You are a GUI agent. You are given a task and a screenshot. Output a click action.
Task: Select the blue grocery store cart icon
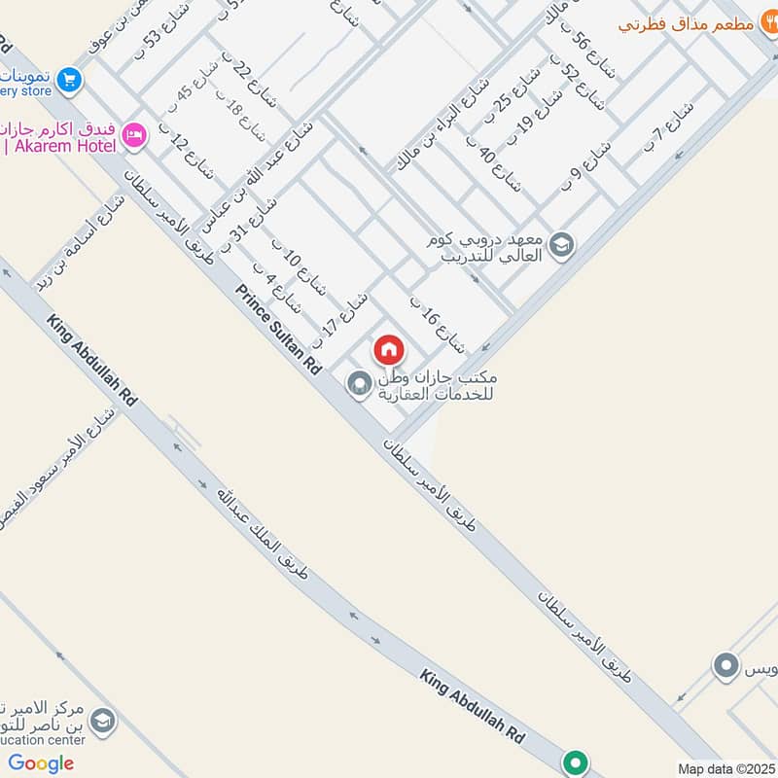point(68,80)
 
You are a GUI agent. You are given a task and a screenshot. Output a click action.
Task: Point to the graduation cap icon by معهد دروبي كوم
point(561,244)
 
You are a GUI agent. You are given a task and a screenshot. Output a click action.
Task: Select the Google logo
point(41,763)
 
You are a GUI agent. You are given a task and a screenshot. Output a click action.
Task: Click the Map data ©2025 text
point(725,768)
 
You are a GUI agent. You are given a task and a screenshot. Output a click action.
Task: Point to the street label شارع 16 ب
point(436,325)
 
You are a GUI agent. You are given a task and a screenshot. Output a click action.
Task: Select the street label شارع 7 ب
point(668,126)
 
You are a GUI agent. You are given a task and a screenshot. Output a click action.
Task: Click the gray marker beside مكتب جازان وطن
point(359,384)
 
